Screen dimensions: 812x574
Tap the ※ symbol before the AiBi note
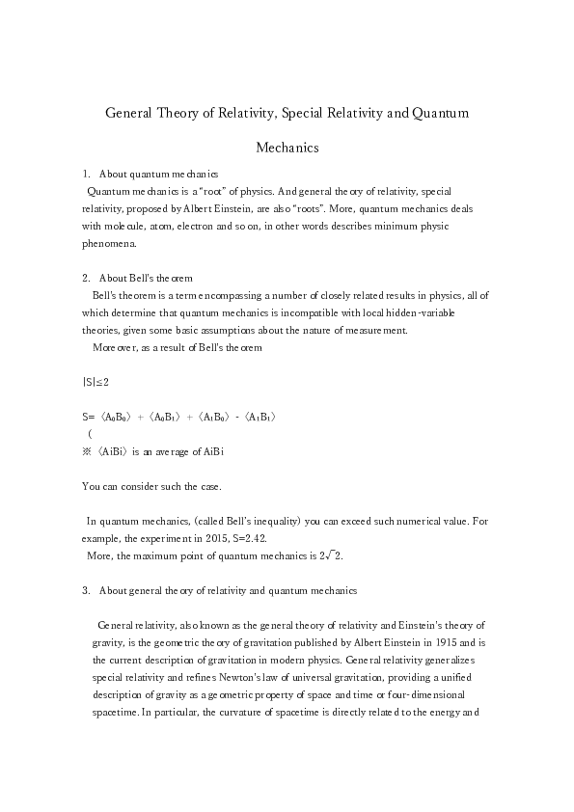(88, 450)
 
